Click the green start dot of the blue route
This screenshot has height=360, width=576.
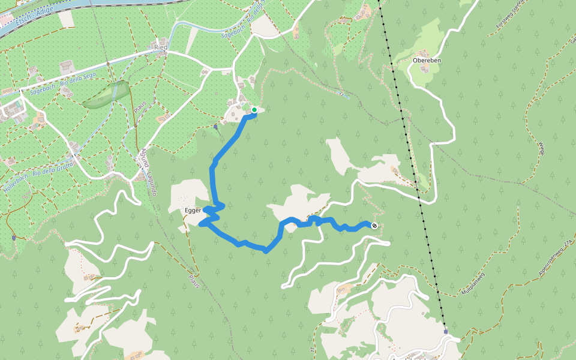point(254,110)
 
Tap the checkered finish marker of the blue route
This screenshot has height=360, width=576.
point(374,226)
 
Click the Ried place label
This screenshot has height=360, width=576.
point(160,46)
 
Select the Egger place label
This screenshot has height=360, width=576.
point(193,211)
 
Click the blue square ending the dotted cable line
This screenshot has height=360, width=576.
point(446,331)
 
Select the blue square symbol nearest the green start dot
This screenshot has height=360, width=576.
point(215,127)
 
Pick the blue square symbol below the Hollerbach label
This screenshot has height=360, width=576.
point(13,238)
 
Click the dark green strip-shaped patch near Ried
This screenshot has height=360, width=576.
point(107,95)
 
